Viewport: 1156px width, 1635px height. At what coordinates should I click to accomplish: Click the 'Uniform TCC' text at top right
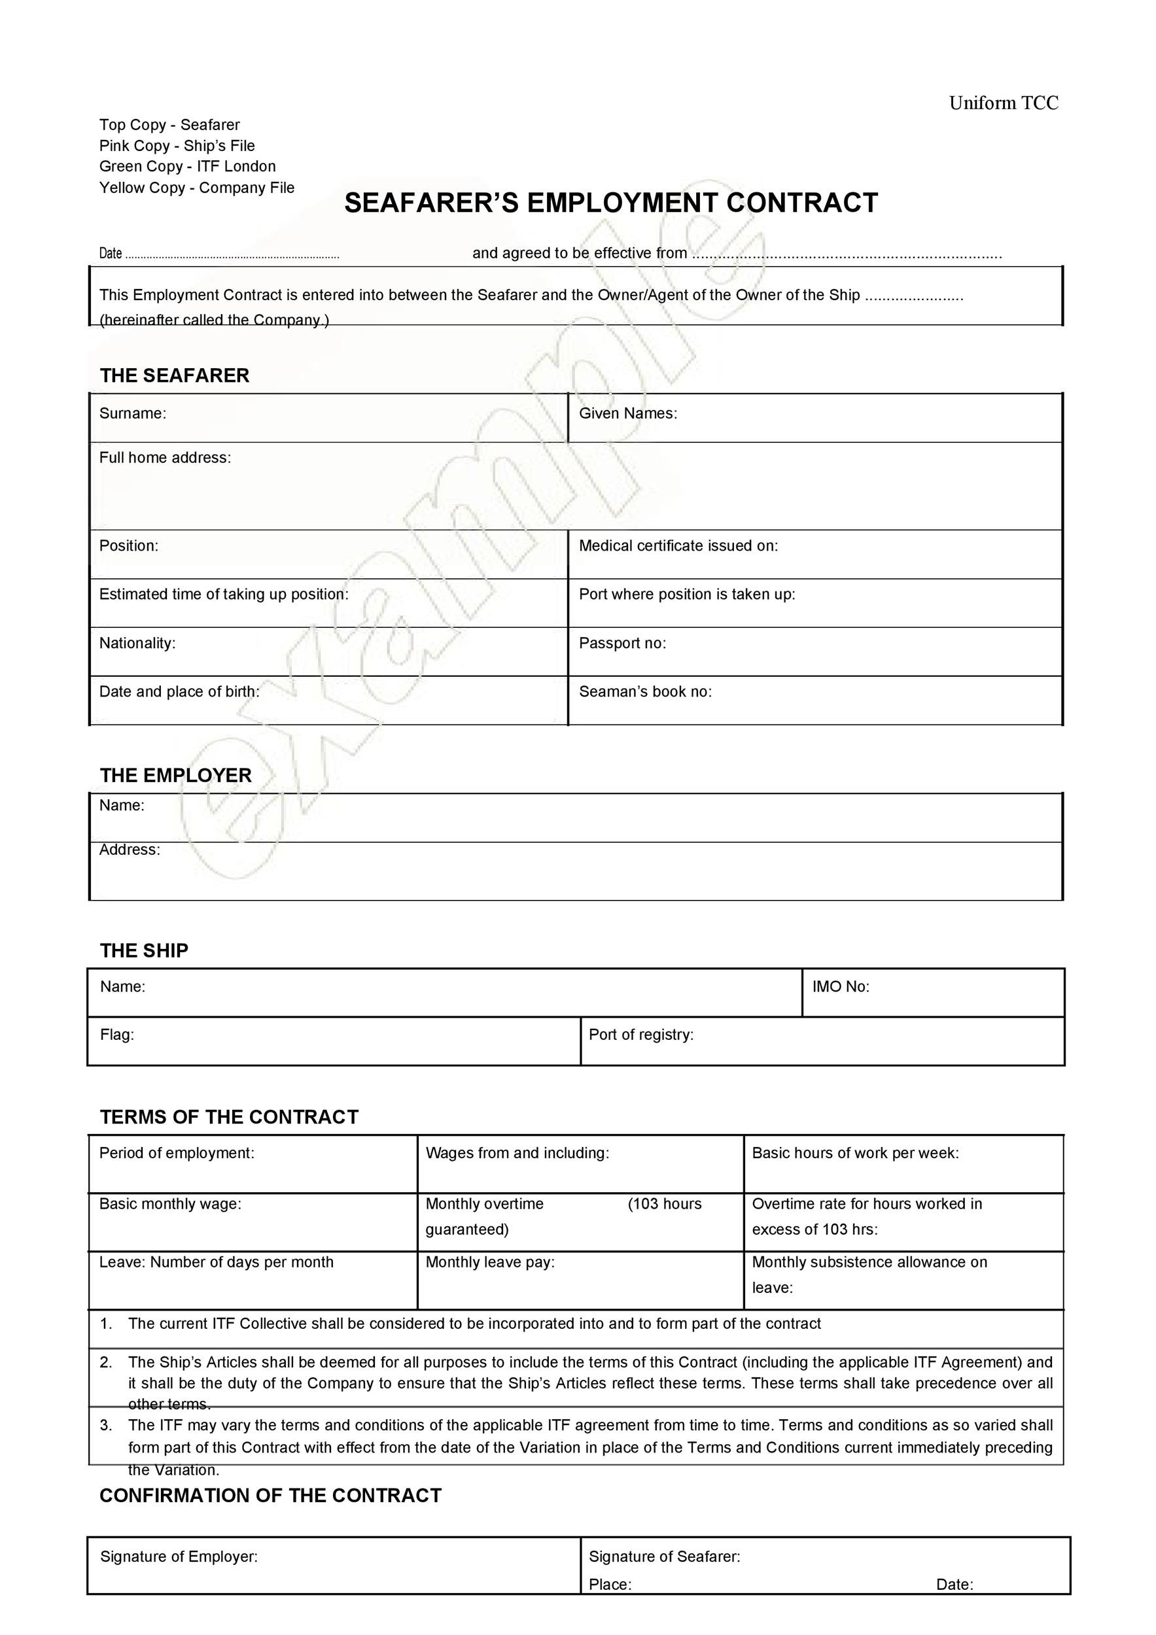click(x=1003, y=104)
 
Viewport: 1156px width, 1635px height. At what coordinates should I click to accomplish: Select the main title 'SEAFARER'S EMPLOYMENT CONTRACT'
click(x=610, y=203)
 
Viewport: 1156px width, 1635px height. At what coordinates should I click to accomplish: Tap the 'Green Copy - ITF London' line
click(x=187, y=167)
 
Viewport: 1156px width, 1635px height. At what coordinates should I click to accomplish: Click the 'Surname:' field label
click(x=133, y=414)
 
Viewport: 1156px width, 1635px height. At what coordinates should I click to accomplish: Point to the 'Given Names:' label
click(x=627, y=414)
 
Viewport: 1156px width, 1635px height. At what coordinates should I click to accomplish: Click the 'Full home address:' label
click(x=166, y=458)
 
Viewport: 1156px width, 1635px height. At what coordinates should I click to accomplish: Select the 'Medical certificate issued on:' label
click(x=678, y=546)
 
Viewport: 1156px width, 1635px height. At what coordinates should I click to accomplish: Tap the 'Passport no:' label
click(x=622, y=644)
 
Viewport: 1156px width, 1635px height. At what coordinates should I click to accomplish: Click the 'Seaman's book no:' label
click(x=644, y=692)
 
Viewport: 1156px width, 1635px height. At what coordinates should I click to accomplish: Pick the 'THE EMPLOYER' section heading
click(x=175, y=776)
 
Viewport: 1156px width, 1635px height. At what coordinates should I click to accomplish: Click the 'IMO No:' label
click(x=841, y=987)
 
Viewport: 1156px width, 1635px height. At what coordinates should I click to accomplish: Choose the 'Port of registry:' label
click(x=640, y=1035)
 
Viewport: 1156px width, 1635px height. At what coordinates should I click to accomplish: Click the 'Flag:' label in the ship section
click(x=117, y=1035)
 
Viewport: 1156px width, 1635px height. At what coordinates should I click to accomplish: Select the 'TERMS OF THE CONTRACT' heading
click(x=228, y=1116)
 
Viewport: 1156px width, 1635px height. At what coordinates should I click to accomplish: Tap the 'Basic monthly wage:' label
click(x=170, y=1204)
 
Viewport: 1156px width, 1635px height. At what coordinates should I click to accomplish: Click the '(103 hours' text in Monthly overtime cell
click(x=664, y=1204)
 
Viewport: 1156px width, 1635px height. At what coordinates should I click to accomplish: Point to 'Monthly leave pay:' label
click(x=489, y=1263)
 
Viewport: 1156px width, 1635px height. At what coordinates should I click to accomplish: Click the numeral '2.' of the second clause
click(x=106, y=1363)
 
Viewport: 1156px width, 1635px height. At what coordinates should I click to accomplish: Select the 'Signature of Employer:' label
click(x=179, y=1557)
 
